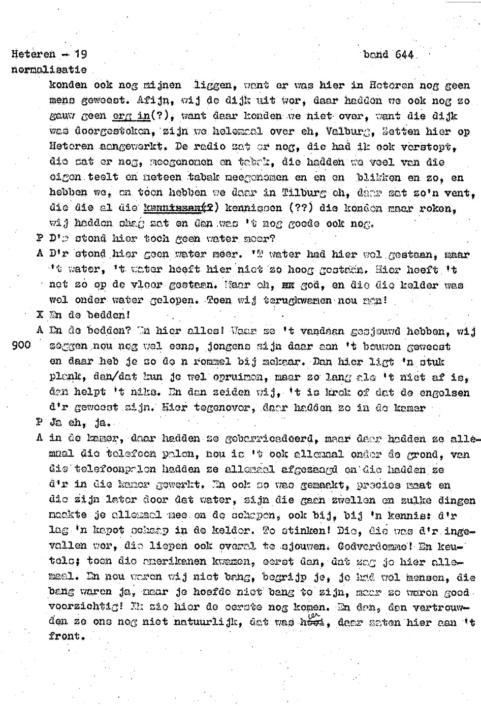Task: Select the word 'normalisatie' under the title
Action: tap(49, 70)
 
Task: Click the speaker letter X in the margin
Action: tap(40, 315)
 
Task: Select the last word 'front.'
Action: tap(67, 636)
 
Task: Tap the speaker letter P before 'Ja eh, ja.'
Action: tap(40, 423)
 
